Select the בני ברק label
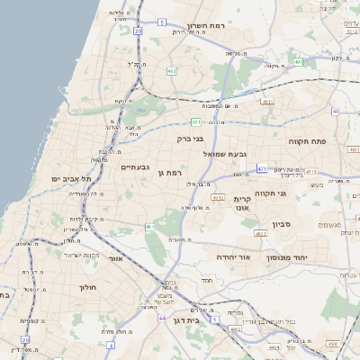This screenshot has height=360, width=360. click(191, 139)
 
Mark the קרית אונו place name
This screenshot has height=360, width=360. click(241, 204)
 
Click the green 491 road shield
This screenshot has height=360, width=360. click(297, 62)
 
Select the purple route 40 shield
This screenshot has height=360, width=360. click(335, 112)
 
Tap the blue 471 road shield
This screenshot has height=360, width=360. click(262, 168)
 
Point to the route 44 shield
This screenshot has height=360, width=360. click(162, 319)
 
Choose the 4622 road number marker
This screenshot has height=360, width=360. click(261, 234)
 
